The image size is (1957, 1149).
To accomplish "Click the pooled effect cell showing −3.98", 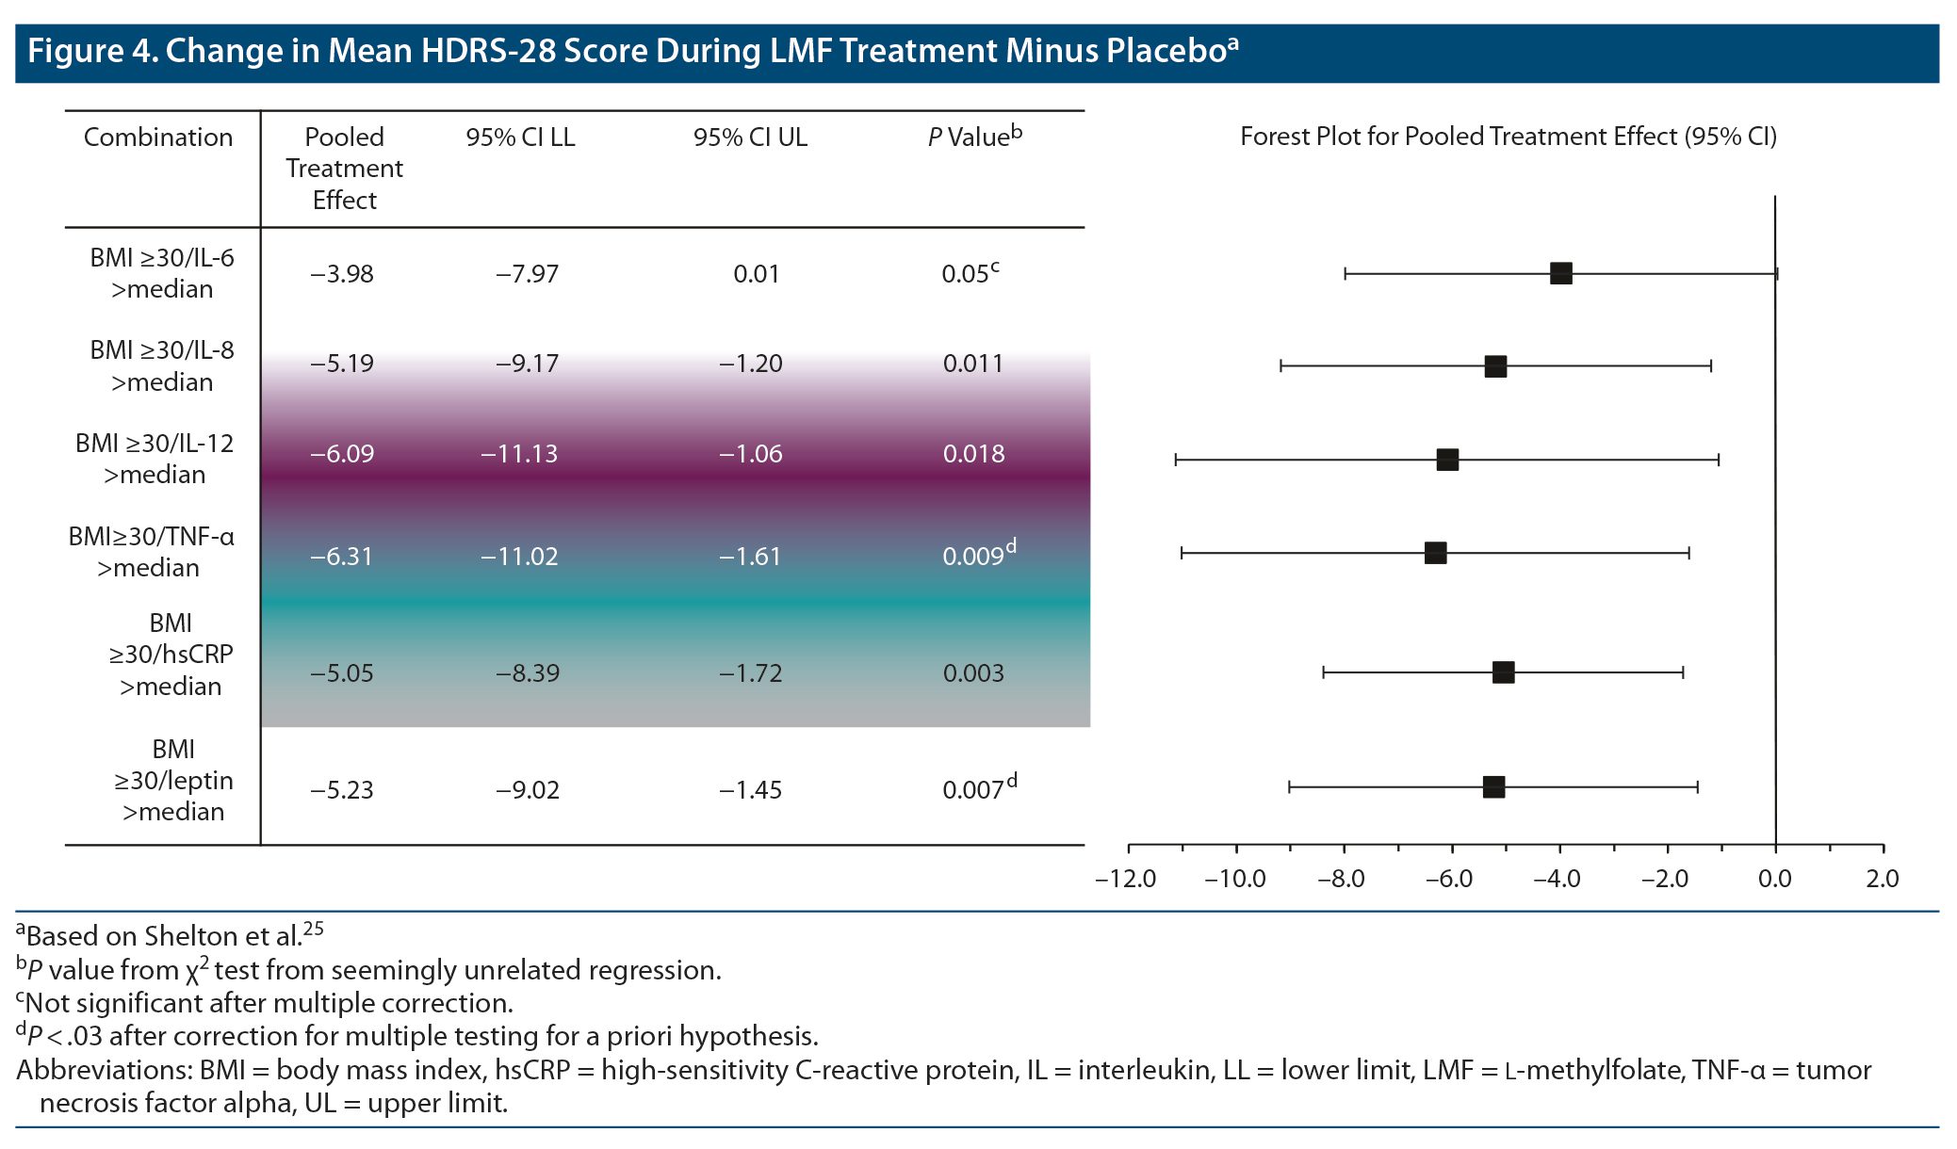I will pos(342,274).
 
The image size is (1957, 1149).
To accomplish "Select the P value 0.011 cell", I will pos(972,364).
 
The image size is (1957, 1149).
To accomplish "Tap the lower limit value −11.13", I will pos(519,454).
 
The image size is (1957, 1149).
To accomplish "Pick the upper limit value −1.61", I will pos(750,557).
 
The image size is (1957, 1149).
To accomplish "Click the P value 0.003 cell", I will pos(972,673).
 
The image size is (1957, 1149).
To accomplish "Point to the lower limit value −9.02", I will pos(528,790).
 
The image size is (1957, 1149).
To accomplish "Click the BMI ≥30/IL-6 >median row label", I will pos(162,273).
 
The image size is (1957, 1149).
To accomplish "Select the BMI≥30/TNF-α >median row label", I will pos(151,552).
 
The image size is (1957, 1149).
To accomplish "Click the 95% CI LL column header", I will pos(520,138).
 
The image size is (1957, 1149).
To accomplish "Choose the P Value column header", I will pos(974,138).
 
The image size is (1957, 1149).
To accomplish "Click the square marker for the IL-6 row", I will pos(1560,274).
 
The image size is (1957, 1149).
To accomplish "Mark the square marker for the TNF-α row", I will pos(1435,553).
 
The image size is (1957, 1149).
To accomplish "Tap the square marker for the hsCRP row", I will pos(1503,672).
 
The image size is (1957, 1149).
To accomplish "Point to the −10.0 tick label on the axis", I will pos(1234,879).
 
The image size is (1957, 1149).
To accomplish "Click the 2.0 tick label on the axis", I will pos(1882,879).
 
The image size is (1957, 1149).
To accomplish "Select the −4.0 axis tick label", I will pos(1557,879).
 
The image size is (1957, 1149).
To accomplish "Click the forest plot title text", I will pos(1508,138).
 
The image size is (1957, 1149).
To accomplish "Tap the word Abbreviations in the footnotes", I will pos(102,1071).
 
